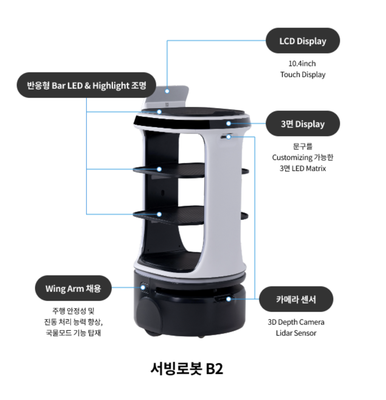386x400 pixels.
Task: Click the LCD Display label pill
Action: coord(303,41)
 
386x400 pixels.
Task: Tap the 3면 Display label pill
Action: coord(303,124)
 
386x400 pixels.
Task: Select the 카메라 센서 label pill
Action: coord(296,299)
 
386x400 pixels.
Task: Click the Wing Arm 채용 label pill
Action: coord(73,288)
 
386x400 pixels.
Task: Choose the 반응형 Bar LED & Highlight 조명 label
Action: coord(86,85)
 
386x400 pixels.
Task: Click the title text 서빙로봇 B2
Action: coord(187,368)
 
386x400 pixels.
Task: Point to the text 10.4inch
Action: coord(302,64)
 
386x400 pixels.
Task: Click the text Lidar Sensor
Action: coord(296,333)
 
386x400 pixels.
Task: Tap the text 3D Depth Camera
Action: coord(296,322)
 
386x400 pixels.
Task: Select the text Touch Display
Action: coord(303,75)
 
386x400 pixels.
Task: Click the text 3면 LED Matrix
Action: coord(303,169)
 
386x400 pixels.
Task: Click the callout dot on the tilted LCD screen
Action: coord(167,91)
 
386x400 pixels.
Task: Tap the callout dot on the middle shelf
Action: coord(159,169)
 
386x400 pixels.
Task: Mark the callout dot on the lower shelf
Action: coord(159,214)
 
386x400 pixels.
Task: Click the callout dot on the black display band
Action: coord(229,123)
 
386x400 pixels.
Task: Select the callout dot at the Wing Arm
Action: coord(143,287)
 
